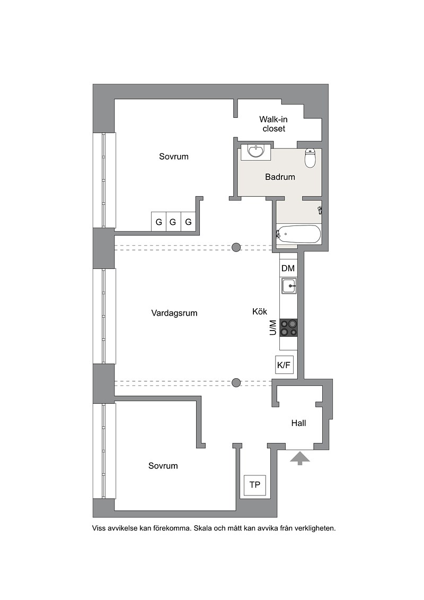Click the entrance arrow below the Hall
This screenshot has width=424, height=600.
tap(300, 458)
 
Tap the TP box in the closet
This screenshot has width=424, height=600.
tap(255, 485)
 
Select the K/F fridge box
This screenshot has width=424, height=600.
tap(284, 365)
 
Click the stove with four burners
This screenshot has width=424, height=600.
tap(289, 328)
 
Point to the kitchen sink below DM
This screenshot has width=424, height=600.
tap(289, 286)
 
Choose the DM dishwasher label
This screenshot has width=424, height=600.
tap(288, 268)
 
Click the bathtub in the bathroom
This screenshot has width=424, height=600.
tap(298, 233)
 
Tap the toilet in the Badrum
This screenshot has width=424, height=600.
tap(310, 158)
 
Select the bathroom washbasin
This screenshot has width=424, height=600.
tap(255, 152)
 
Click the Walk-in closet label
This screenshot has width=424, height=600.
tap(273, 124)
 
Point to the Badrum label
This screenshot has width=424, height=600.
tap(280, 177)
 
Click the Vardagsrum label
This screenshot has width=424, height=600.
tap(174, 313)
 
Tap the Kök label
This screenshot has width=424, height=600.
tap(260, 311)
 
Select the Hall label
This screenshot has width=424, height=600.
tap(298, 423)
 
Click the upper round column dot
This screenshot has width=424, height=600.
tap(236, 247)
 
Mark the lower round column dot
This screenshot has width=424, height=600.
tap(236, 382)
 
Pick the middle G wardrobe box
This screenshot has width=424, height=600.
tap(173, 222)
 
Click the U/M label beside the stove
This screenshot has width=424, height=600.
tap(272, 328)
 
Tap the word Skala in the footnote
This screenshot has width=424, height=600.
tap(203, 528)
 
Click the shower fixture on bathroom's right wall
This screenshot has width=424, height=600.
tap(320, 210)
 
